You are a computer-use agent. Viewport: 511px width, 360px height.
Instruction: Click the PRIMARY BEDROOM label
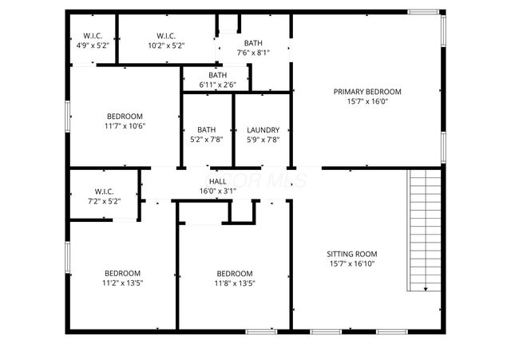click(x=366, y=92)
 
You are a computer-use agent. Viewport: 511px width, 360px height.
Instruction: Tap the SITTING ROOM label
click(x=352, y=254)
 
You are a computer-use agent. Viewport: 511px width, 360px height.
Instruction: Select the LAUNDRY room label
click(x=263, y=130)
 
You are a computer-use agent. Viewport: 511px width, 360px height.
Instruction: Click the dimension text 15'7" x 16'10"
click(x=352, y=263)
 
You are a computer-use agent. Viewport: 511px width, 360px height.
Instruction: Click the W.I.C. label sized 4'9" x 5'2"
click(x=92, y=36)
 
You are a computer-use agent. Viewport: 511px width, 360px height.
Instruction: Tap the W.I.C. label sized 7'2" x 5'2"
click(x=104, y=192)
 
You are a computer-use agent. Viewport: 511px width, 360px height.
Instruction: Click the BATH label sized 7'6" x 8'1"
click(x=253, y=43)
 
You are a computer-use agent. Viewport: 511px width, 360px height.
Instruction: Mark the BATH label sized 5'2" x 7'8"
click(x=206, y=130)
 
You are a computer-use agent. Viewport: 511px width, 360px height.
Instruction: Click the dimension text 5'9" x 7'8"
click(x=263, y=140)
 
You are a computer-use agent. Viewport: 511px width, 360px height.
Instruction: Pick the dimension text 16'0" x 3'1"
click(x=218, y=192)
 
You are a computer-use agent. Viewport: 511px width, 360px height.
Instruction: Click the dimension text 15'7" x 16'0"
click(x=366, y=101)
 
